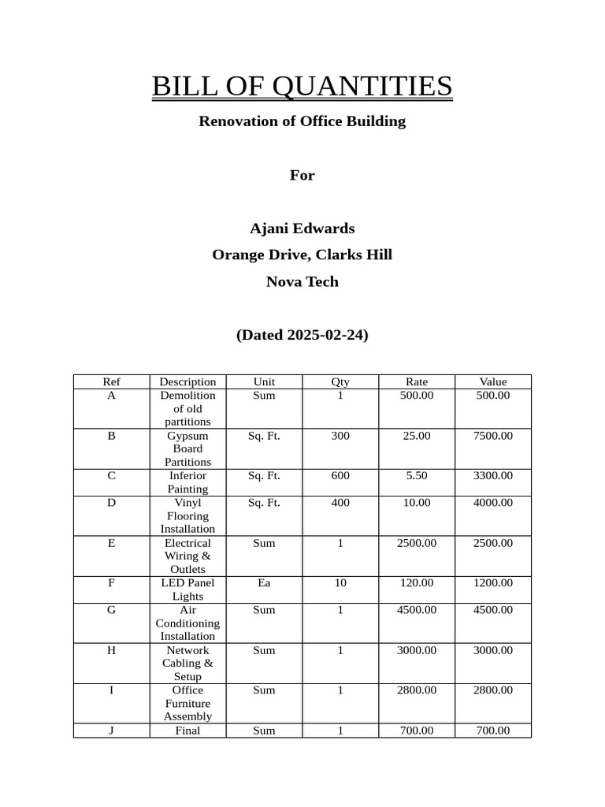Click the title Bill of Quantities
pos(302,86)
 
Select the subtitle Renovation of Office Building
pos(302,121)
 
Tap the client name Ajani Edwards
pos(302,229)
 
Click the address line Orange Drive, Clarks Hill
pos(302,255)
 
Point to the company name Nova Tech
pos(302,282)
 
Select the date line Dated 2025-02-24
pos(302,335)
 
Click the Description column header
pos(187,382)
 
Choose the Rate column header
pos(416,382)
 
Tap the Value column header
pos(493,382)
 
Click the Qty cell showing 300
pos(340,436)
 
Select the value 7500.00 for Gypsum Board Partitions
pos(493,436)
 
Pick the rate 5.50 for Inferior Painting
pos(416,476)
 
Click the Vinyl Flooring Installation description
pos(187,515)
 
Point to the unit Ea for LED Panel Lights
pos(264,583)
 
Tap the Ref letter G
pos(111,610)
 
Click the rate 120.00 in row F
pos(416,583)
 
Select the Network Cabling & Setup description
pos(187,663)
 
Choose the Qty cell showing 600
pos(340,476)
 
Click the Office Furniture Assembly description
pos(187,703)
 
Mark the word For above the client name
pos(302,175)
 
